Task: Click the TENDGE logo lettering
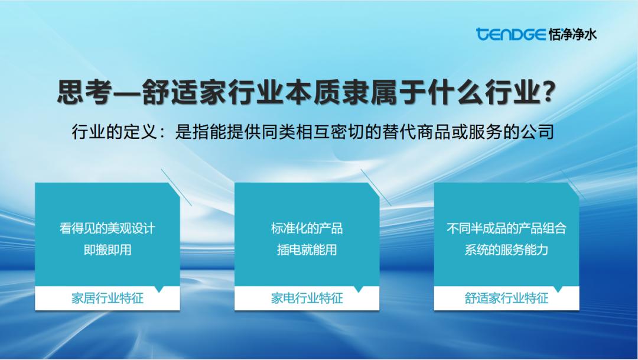(x=510, y=34)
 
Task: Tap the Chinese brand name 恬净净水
(x=572, y=35)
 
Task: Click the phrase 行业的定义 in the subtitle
(x=115, y=132)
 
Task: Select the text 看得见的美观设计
(x=108, y=228)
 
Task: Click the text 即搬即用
(x=108, y=249)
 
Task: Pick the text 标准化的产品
(x=307, y=228)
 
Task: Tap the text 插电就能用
(x=307, y=249)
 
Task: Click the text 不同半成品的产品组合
(x=507, y=228)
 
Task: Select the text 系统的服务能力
(x=507, y=249)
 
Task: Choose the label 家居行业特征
(x=108, y=298)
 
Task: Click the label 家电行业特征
(x=307, y=298)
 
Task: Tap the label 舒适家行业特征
(x=507, y=298)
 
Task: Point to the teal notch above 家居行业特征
(x=159, y=288)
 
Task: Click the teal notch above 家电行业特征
(x=359, y=288)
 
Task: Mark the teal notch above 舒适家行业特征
(x=558, y=288)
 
